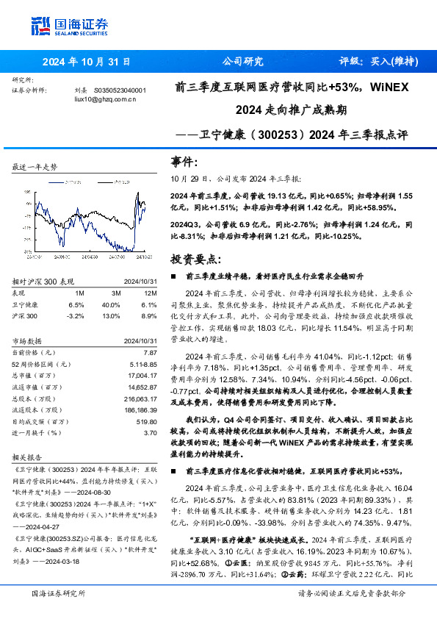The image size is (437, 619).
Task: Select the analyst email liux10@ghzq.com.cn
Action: pos(106,99)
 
